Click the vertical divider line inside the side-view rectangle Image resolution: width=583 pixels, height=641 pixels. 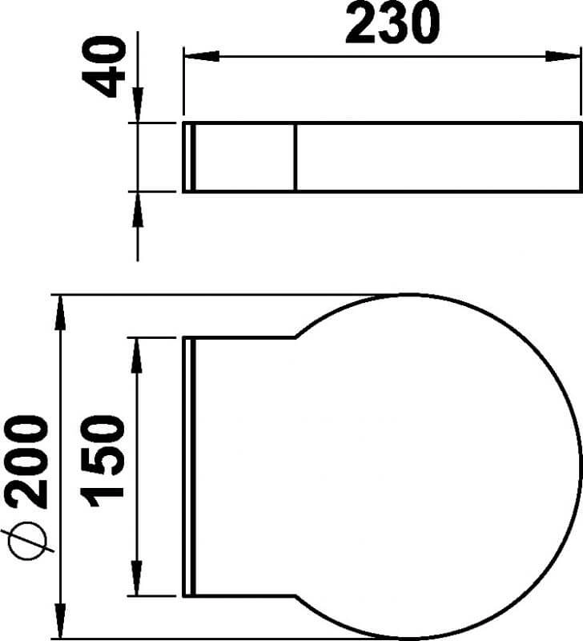[x=296, y=157]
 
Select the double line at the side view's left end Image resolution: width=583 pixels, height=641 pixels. [x=189, y=157]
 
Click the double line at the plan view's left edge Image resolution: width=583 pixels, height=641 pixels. [x=189, y=466]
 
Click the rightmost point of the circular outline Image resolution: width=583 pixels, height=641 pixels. [x=581, y=466]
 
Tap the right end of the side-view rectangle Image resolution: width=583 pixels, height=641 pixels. [x=581, y=157]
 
